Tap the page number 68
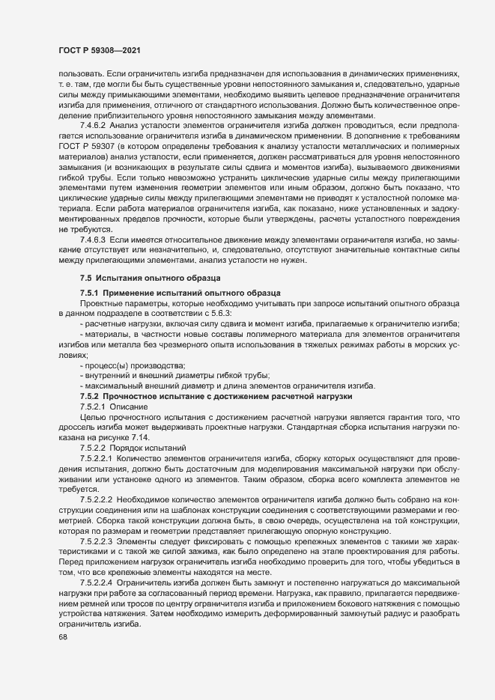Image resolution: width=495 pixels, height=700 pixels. [52, 637]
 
